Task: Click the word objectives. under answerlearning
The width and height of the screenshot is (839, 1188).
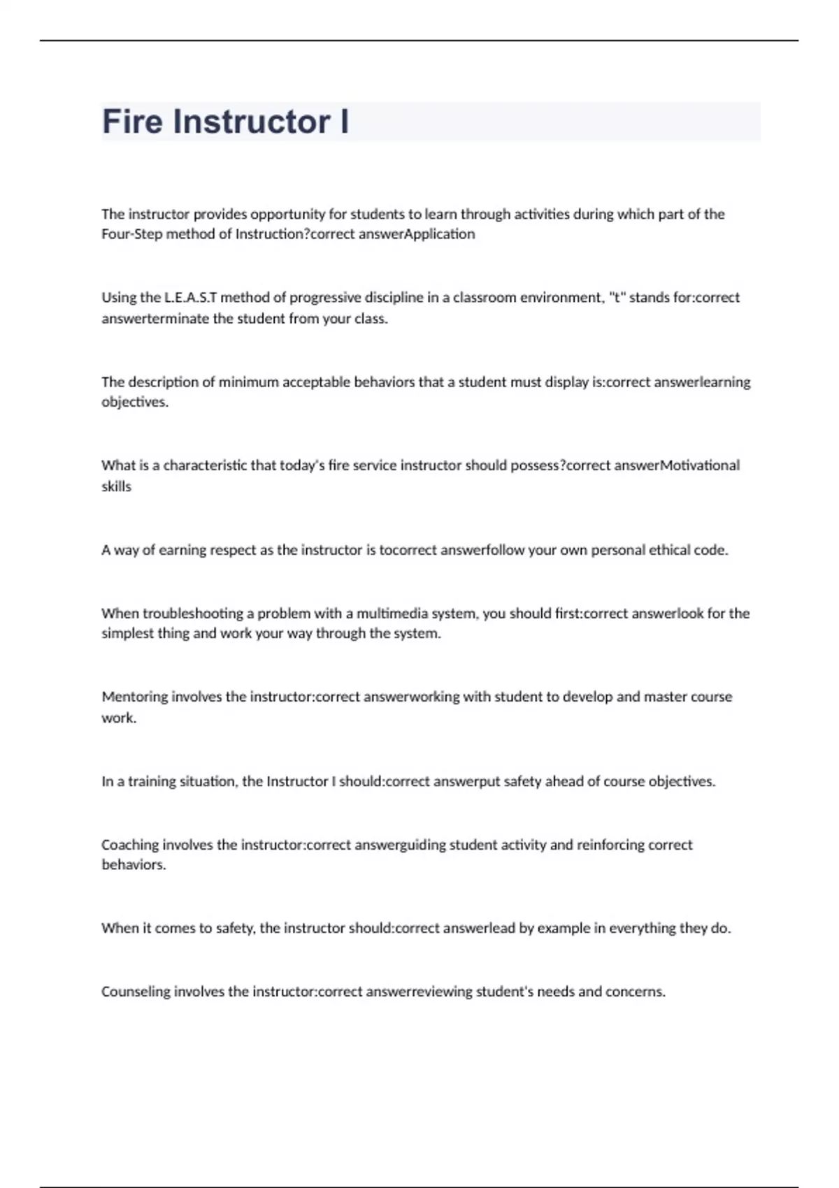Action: point(135,403)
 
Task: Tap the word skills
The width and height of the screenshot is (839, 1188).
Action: point(116,486)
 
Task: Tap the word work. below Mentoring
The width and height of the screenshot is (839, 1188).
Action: point(119,718)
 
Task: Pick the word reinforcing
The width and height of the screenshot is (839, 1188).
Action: point(610,845)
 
